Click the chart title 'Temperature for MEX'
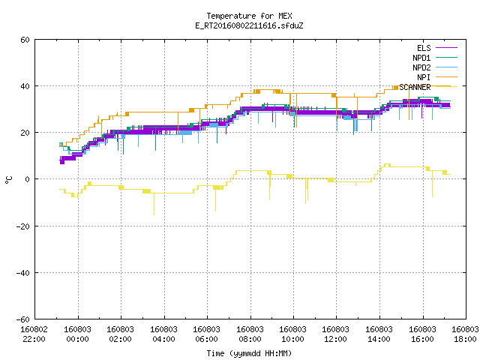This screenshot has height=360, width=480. (249, 16)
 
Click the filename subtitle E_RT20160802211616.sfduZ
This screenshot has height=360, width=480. (249, 25)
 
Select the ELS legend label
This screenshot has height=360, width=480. (424, 48)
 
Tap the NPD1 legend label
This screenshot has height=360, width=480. (421, 58)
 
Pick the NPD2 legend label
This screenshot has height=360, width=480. (421, 67)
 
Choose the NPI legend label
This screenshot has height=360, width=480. (424, 77)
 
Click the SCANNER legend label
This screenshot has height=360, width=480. (415, 87)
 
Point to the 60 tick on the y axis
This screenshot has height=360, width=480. (25, 40)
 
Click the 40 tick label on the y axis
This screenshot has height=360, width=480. (25, 86)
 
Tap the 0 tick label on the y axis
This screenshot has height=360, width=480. (28, 179)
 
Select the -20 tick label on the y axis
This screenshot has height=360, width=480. (23, 226)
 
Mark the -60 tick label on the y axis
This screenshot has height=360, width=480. (23, 319)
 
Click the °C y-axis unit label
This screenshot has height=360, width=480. (8, 180)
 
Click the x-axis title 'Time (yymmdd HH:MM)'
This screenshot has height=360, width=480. (249, 353)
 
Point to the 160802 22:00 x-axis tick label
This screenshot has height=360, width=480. (34, 334)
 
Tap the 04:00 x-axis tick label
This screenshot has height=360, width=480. (163, 339)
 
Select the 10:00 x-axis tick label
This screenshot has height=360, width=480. (292, 339)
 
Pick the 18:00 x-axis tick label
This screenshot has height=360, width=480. (465, 339)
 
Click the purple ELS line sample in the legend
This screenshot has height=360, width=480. (446, 48)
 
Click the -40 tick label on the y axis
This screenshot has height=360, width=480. (23, 273)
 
